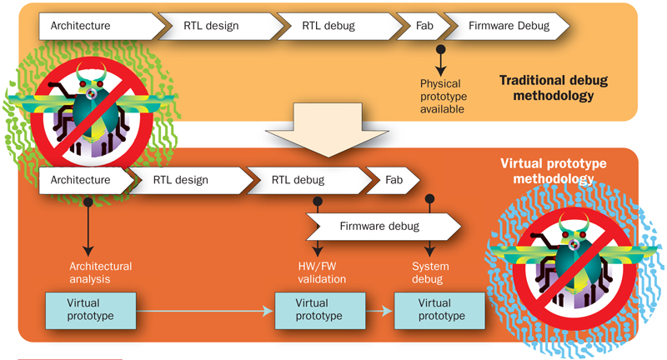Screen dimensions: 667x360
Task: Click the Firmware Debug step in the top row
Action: (x=509, y=26)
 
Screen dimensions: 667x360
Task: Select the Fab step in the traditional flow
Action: (x=424, y=26)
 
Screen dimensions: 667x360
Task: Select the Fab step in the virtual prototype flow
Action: (x=393, y=180)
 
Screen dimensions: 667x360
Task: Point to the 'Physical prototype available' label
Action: (x=444, y=96)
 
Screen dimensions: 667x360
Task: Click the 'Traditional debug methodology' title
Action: (x=554, y=87)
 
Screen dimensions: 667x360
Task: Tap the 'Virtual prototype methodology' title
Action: (x=554, y=171)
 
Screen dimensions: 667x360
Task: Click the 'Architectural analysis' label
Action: (x=100, y=272)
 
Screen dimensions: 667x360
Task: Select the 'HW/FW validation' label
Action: (x=322, y=272)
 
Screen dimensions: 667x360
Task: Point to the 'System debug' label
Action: (x=430, y=272)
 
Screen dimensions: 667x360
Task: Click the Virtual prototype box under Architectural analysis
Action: (x=91, y=311)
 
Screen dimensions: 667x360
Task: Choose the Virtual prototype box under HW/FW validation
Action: (x=320, y=311)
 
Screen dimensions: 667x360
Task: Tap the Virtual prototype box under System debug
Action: (x=439, y=311)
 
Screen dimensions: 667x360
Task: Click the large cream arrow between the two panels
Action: (x=327, y=130)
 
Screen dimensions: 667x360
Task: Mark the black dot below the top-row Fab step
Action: (x=441, y=49)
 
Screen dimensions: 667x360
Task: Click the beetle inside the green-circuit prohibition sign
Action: (x=93, y=109)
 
